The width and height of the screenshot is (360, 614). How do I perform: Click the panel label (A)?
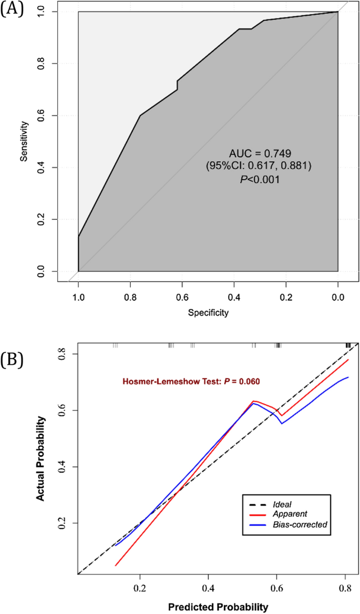click(x=11, y=10)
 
